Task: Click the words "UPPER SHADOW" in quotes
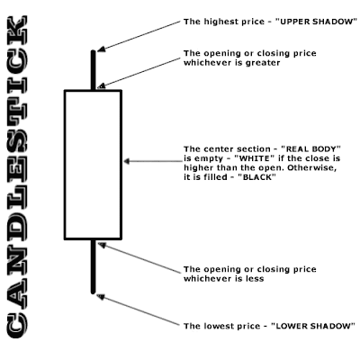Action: point(316,22)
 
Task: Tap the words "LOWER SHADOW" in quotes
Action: point(313,326)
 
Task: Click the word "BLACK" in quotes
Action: point(256,177)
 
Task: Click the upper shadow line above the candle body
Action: point(93,70)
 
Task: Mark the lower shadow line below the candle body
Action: point(93,266)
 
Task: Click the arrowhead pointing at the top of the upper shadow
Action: point(102,49)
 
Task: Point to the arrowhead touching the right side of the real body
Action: point(127,161)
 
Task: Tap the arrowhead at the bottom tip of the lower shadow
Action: point(101,297)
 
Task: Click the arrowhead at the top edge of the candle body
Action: point(102,86)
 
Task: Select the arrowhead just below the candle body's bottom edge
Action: point(102,245)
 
